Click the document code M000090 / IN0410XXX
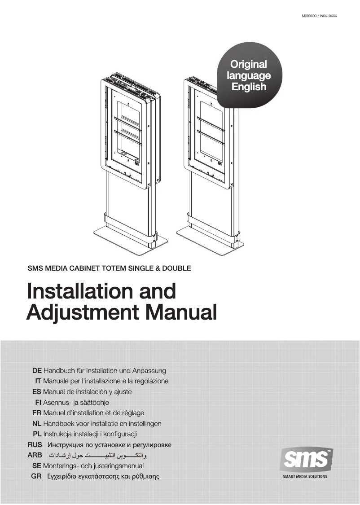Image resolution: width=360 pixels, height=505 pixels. tap(319, 16)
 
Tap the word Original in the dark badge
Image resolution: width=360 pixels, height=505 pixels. tap(248, 65)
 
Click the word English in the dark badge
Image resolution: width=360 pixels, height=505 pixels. tap(249, 87)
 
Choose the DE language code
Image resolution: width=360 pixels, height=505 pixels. tap(37, 371)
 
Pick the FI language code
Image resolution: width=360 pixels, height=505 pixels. tap(39, 403)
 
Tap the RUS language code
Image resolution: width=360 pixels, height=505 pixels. tap(35, 445)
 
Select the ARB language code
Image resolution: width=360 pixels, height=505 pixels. tap(35, 455)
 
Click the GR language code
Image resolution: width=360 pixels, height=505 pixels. tap(37, 476)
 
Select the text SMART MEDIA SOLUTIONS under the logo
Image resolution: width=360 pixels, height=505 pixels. tap(305, 477)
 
